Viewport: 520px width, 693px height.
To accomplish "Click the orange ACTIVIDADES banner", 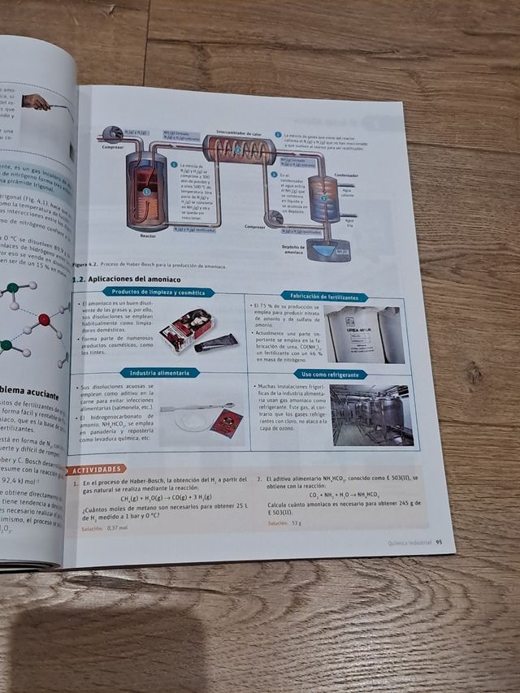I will click(97, 469).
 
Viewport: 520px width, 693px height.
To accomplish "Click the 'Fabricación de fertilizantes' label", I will click(323, 297).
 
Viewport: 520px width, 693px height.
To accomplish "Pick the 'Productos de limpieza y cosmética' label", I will click(158, 292).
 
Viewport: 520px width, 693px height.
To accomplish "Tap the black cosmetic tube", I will click(215, 342).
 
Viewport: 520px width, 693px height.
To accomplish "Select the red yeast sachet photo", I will click(226, 423).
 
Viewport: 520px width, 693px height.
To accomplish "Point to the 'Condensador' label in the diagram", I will click(345, 174).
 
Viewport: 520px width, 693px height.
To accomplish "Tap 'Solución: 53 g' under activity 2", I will click(284, 522).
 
